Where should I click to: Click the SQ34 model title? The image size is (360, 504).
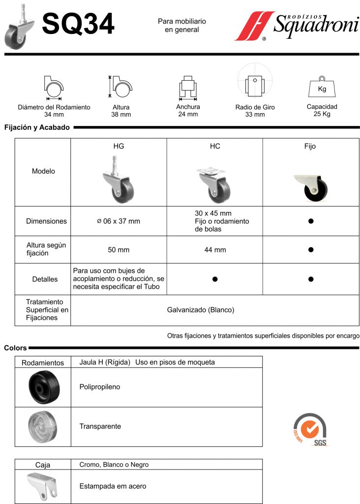[x=78, y=25]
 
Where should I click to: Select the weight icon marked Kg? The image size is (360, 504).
[x=322, y=88]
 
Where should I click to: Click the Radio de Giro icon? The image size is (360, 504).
[x=255, y=84]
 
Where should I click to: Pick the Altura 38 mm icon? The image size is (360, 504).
[x=120, y=87]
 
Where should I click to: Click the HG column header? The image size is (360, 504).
[x=119, y=146]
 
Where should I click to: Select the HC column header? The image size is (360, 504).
[x=215, y=146]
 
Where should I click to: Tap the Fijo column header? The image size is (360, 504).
[x=310, y=146]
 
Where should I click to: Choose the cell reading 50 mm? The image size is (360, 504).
[x=119, y=250]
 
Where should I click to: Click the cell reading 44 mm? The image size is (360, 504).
[x=215, y=250]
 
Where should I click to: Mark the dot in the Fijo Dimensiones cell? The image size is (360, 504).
[x=311, y=221]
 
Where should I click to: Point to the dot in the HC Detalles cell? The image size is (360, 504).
[x=215, y=279]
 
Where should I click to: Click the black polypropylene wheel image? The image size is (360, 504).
[x=43, y=387]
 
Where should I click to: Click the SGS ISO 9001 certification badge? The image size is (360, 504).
[x=310, y=429]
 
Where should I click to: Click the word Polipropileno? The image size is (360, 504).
[x=100, y=387]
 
